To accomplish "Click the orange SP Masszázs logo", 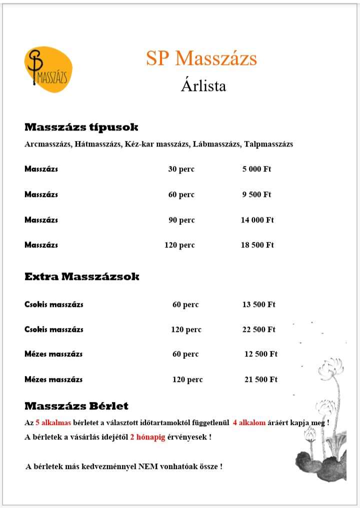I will tap(48, 69).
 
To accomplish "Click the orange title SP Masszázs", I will tap(201, 58).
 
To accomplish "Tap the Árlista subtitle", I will tap(203, 85).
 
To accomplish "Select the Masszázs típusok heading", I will tap(81, 127).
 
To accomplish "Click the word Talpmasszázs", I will tap(268, 144).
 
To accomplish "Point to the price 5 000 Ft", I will tap(256, 169).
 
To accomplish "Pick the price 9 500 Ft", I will tap(256, 194).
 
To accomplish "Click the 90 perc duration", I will tap(181, 220).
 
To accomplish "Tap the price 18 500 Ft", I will tap(257, 245).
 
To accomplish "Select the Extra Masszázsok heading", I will tap(82, 276).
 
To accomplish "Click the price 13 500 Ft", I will tap(258, 304).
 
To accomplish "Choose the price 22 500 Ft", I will tap(258, 329).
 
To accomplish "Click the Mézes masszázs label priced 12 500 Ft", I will tap(53, 354).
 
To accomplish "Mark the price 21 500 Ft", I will tap(260, 379).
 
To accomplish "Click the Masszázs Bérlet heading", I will tap(76, 406).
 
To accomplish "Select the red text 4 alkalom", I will tap(249, 421).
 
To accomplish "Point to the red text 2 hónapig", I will tap(147, 437).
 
